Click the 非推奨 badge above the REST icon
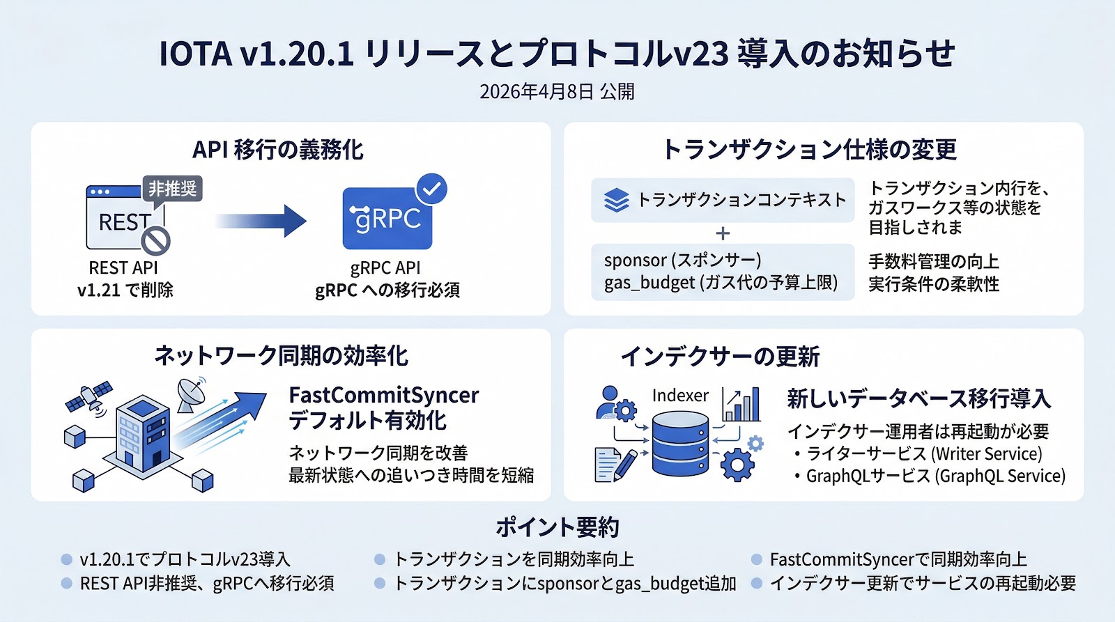(x=172, y=189)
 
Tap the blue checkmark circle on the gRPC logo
(x=431, y=188)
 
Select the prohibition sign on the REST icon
(x=155, y=241)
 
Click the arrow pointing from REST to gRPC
(x=261, y=221)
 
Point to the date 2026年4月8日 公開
(x=557, y=92)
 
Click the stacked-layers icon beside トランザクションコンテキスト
(x=616, y=200)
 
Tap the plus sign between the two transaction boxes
(x=723, y=233)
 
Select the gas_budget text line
(x=721, y=283)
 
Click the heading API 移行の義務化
(x=277, y=150)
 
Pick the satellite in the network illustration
(x=89, y=396)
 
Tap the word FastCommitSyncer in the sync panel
(x=383, y=395)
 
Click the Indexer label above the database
(x=680, y=396)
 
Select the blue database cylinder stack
(x=680, y=444)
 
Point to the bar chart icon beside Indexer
(x=741, y=405)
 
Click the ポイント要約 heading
(x=557, y=527)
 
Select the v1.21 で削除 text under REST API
(x=125, y=290)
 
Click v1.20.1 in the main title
(x=296, y=54)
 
